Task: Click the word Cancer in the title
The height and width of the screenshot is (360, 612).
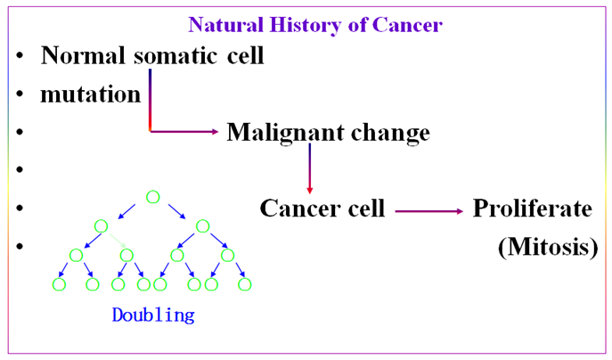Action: [x=408, y=24]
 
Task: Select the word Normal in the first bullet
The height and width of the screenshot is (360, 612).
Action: [x=84, y=55]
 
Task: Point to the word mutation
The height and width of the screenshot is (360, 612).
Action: [x=90, y=94]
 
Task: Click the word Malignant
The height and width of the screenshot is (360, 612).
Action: [x=287, y=133]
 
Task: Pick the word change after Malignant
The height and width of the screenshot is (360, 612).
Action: [x=391, y=133]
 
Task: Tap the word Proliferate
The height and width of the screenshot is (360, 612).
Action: [x=532, y=209]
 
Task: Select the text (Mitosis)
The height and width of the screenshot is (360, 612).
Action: [x=547, y=247]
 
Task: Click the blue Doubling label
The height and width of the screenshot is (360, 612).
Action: [x=153, y=315]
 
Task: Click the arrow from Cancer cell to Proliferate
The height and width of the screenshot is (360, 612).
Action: [x=428, y=211]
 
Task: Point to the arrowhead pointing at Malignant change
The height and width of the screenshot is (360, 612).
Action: [x=212, y=132]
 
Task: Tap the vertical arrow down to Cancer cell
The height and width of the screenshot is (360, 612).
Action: [x=309, y=168]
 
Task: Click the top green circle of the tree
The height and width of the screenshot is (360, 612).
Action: [x=153, y=197]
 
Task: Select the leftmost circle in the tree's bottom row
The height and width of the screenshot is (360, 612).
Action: [x=60, y=284]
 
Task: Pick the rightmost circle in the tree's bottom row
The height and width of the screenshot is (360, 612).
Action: [x=245, y=284]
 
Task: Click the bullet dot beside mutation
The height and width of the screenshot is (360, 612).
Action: [x=20, y=94]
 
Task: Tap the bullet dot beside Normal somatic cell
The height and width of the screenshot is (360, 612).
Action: [x=20, y=56]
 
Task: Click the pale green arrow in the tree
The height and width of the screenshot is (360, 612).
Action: [x=116, y=241]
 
